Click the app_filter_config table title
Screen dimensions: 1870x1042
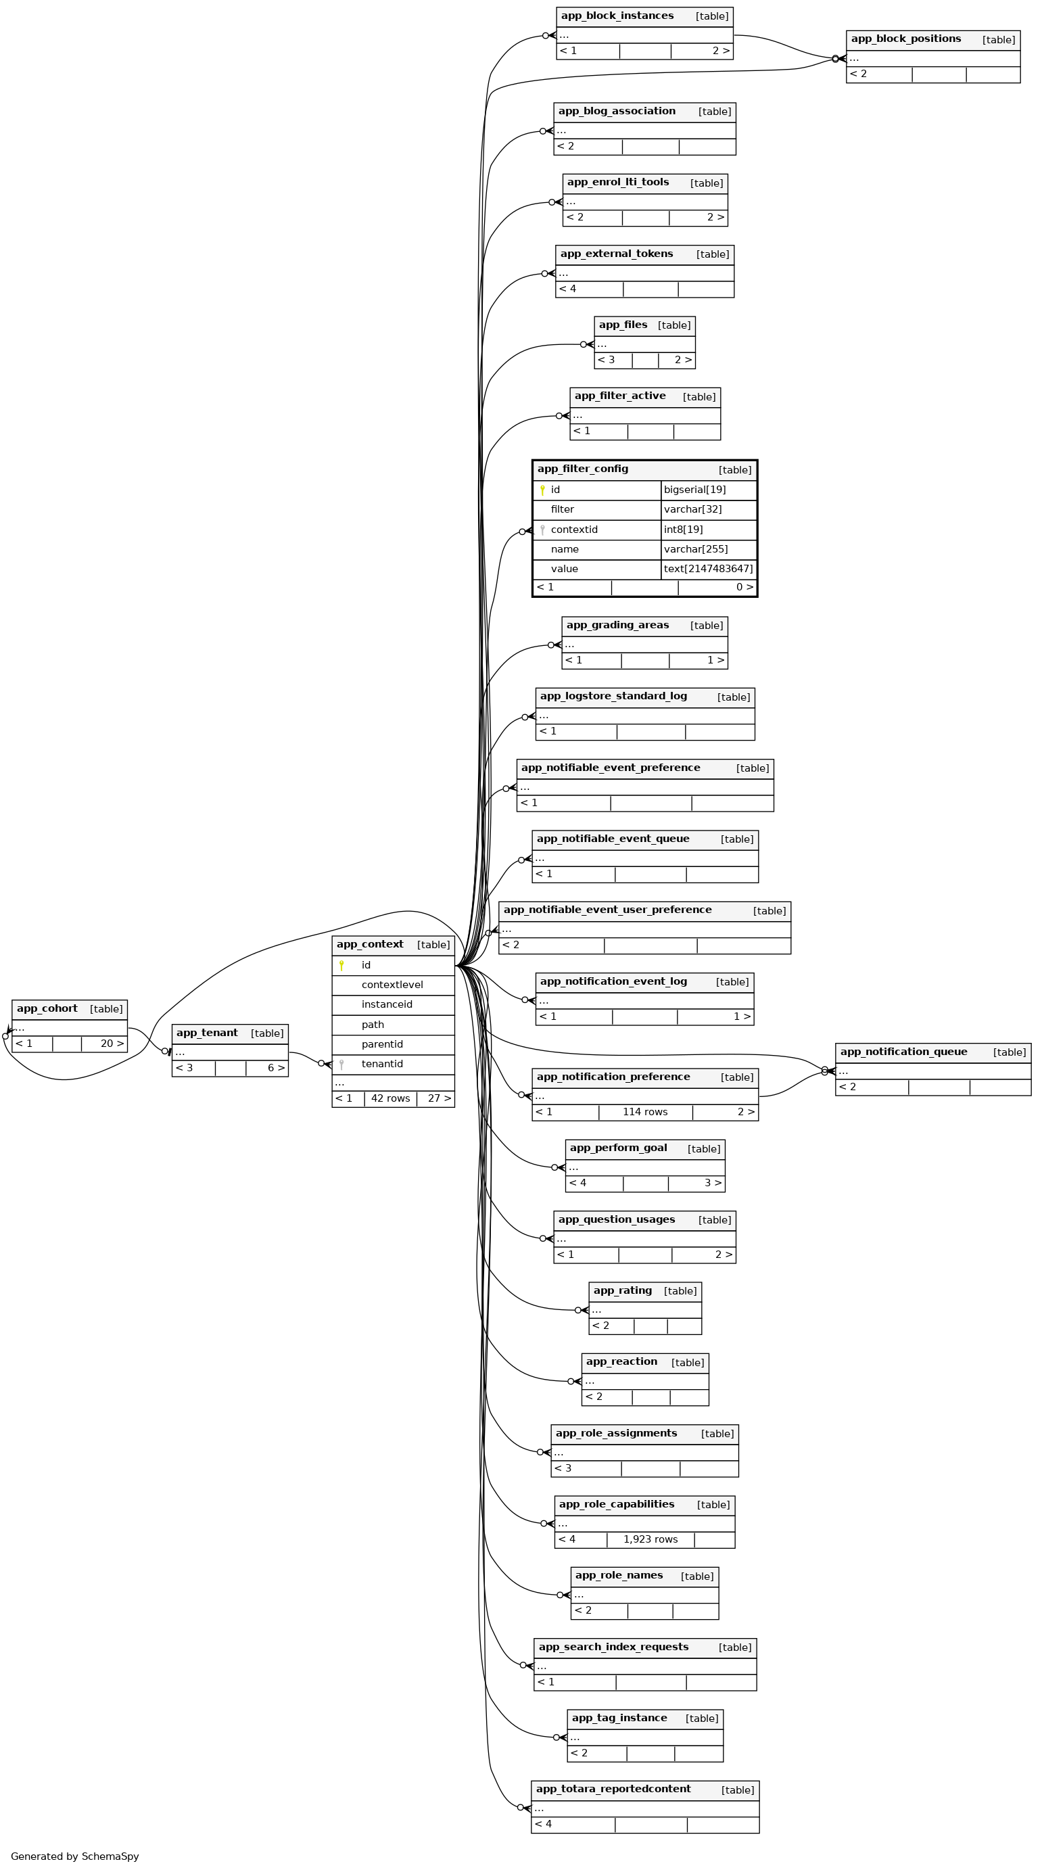click(583, 469)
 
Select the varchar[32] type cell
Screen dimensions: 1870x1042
click(708, 510)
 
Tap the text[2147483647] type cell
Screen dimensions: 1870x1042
click(708, 569)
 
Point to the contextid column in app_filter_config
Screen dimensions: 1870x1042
click(574, 530)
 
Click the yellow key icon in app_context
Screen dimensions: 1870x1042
click(341, 966)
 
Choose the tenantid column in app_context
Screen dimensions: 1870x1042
click(381, 1065)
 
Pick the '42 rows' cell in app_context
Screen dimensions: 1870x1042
click(390, 1098)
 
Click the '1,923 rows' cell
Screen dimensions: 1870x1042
click(650, 1540)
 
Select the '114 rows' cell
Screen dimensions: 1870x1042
click(645, 1112)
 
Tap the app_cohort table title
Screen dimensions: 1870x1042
click(47, 1008)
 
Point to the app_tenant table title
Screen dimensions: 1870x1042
click(207, 1033)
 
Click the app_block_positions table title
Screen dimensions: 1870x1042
click(905, 39)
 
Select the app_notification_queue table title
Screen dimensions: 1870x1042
click(903, 1052)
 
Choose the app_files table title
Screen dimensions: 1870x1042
click(623, 325)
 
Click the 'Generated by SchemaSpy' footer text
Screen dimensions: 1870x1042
click(75, 1856)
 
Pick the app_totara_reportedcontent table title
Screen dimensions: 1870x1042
click(613, 1789)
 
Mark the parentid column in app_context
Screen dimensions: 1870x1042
click(381, 1045)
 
